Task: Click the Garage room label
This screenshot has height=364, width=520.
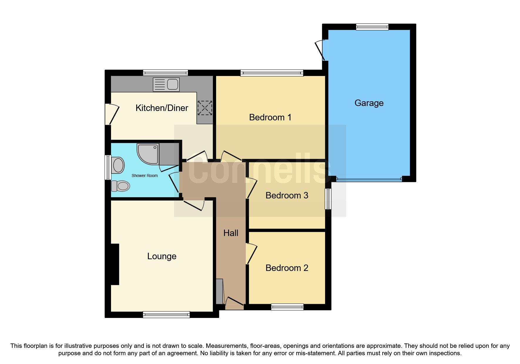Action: coord(369,103)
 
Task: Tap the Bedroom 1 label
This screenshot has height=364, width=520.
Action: coord(270,117)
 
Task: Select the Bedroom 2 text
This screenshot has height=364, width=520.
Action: coord(287,268)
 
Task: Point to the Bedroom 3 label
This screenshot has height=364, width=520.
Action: coord(287,196)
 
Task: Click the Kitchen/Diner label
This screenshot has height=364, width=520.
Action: coord(161,108)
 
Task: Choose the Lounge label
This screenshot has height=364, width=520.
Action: coord(161,256)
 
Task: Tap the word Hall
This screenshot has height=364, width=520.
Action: coord(230,233)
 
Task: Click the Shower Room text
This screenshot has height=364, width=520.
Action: coord(144,176)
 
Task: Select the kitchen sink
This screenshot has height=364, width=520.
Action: coord(166,85)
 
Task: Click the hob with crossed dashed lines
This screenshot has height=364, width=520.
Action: coord(205,108)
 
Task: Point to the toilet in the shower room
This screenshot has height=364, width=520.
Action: coord(121,186)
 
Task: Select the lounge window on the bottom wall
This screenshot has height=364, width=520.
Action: coord(166,315)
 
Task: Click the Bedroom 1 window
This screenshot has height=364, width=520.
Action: coord(272,73)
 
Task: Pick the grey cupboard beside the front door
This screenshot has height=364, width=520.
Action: coord(219,291)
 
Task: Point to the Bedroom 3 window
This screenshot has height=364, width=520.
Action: coord(328,199)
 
